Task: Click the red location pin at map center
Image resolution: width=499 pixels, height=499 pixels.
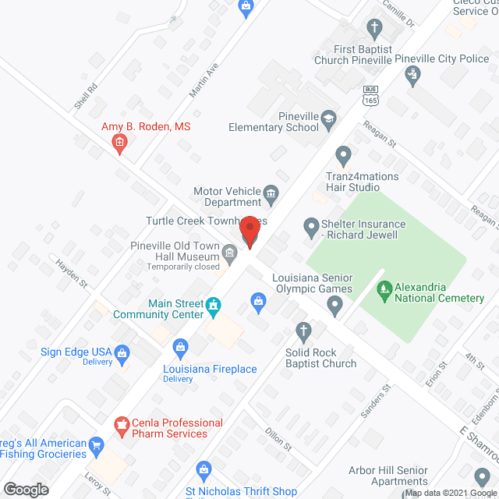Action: (x=249, y=232)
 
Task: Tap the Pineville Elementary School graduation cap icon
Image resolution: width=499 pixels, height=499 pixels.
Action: (x=329, y=119)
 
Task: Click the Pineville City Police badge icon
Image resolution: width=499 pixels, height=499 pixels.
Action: (x=413, y=76)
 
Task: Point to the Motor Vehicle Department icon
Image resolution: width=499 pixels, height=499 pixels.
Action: (x=271, y=193)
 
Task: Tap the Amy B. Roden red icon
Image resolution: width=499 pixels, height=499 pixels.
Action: (x=119, y=142)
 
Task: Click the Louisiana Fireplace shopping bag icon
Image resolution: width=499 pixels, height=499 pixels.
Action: (x=180, y=345)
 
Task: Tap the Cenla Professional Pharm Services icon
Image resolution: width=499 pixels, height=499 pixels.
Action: (x=122, y=426)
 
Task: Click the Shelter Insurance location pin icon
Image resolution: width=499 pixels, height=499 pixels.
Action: (x=312, y=228)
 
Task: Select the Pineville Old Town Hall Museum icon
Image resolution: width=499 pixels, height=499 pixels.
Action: (x=230, y=252)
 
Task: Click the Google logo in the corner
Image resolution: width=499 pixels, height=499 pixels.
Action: (x=26, y=490)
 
